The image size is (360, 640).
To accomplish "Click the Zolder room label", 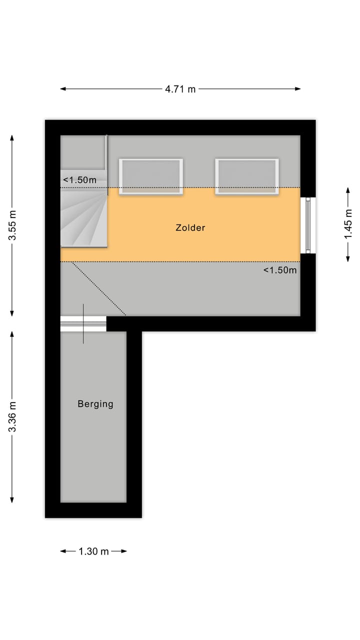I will coord(190,228).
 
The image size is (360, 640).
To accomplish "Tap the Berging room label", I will coord(95,404).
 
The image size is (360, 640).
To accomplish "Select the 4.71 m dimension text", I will coord(180,89).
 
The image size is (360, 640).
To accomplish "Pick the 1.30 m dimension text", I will coord(93,551).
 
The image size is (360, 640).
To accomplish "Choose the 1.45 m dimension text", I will coord(348,224).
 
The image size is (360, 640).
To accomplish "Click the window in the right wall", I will coord(308,225).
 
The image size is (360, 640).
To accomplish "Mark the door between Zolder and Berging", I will coord(83,323).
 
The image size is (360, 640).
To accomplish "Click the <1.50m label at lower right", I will coord(280,270).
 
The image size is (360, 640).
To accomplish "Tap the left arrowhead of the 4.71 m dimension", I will coord(62,89).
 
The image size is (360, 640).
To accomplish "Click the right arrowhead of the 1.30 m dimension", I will coord(125,551).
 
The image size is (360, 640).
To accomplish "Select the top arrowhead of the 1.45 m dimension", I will coord(348,189).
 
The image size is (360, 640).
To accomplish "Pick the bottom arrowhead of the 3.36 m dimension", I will coord(12,501).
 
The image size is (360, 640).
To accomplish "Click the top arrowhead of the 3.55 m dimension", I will coord(12,137).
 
